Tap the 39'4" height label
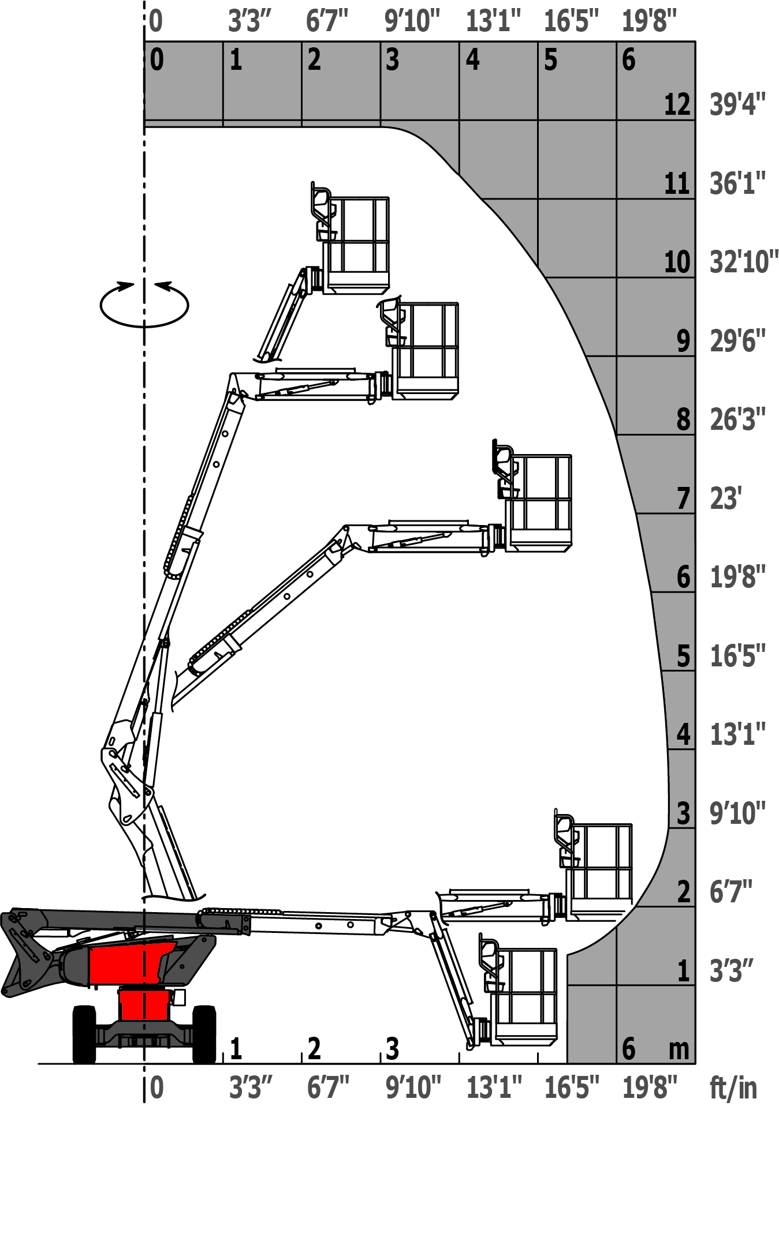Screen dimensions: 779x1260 737,104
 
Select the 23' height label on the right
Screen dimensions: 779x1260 726,498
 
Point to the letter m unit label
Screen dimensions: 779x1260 679,1048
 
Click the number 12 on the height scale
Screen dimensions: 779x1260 677,104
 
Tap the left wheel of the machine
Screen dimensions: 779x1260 84,1034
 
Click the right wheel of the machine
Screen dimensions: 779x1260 204,1034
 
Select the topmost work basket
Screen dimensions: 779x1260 350,239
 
